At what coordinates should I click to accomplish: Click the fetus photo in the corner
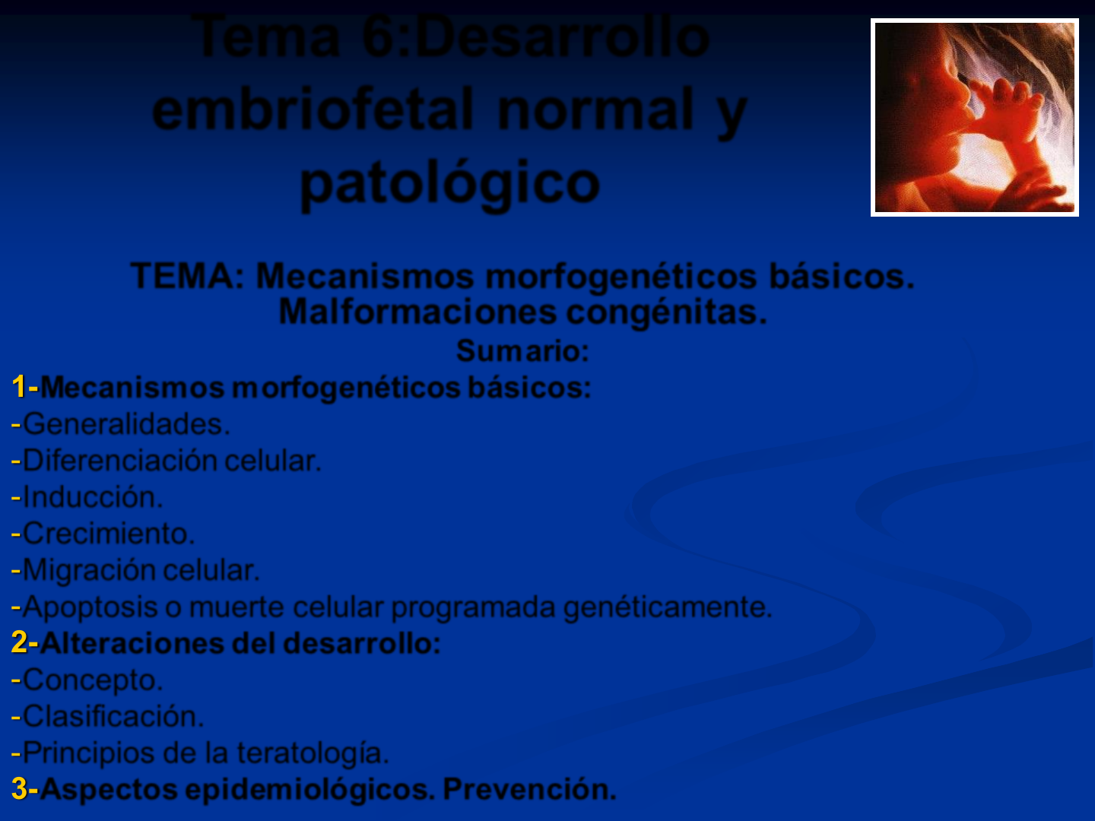(x=975, y=118)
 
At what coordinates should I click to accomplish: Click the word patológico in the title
(x=449, y=184)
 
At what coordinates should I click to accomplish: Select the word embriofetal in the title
(x=313, y=109)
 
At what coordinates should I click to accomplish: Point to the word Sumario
(x=522, y=350)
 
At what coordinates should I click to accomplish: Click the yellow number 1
(x=19, y=387)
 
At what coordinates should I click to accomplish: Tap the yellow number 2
(x=20, y=642)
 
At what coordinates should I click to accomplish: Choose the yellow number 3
(x=20, y=788)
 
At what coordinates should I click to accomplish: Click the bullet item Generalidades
(x=121, y=424)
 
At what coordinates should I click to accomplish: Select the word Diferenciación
(x=119, y=460)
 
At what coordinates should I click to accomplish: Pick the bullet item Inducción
(x=87, y=497)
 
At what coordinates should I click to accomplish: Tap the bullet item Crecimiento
(x=103, y=534)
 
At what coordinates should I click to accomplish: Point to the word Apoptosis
(x=90, y=607)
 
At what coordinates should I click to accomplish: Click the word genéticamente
(x=668, y=607)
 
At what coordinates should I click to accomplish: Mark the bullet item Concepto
(x=87, y=680)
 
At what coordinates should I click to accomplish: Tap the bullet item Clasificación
(x=108, y=716)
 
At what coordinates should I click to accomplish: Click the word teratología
(x=313, y=753)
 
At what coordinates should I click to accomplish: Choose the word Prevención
(x=530, y=788)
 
